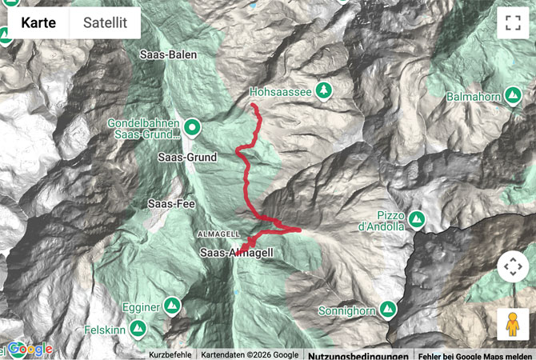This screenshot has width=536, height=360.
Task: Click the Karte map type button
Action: click(38, 23)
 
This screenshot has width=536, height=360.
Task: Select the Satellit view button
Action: click(105, 23)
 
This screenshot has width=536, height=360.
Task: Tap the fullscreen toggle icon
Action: click(512, 23)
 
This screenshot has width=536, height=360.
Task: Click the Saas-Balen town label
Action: click(168, 55)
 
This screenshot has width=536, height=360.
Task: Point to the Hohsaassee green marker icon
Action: click(324, 90)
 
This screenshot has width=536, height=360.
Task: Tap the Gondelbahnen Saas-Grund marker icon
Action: click(192, 126)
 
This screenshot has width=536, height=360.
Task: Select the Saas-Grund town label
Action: click(188, 158)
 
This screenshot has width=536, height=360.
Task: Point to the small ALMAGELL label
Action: click(218, 233)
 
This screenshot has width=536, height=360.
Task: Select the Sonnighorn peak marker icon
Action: click(389, 308)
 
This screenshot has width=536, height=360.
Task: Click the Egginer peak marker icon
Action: click(173, 306)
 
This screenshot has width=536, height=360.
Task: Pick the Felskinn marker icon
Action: click(138, 329)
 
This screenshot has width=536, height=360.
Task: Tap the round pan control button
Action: click(513, 266)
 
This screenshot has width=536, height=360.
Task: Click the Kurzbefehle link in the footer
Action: click(170, 354)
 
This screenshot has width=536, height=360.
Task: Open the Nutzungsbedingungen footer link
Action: click(358, 354)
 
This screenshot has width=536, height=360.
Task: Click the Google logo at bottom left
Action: click(30, 350)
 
